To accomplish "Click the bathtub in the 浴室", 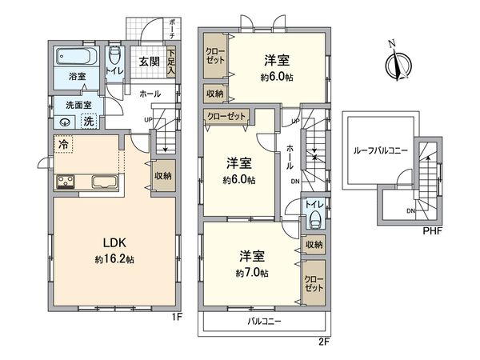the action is click(77, 57).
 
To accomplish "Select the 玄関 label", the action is click(150, 62).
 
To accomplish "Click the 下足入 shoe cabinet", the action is click(171, 62).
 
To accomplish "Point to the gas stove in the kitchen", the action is click(65, 181).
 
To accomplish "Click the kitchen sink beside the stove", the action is click(105, 182).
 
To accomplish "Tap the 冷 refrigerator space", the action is click(64, 144).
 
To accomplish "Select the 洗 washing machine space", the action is click(89, 121).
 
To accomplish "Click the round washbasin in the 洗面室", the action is click(65, 122).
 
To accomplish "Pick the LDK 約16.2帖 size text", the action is click(114, 260).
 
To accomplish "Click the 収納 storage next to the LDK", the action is click(163, 176).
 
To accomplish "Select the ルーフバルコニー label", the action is click(381, 150).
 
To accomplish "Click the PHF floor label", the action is click(433, 231).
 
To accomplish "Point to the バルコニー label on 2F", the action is click(264, 322).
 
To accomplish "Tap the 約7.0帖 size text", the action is click(252, 273).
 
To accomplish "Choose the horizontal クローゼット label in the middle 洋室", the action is click(226, 116).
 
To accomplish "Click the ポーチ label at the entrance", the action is click(172, 29).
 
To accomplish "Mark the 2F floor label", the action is click(324, 342).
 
